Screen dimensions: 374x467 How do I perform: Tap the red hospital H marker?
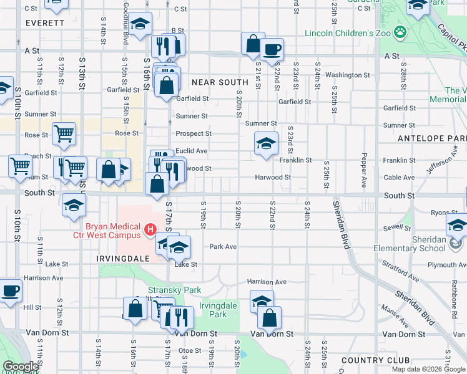[x=150, y=230]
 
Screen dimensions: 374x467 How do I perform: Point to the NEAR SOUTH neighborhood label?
[x=220, y=82]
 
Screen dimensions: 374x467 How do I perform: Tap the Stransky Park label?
[x=165, y=290]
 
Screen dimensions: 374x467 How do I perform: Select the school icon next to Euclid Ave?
[x=265, y=144]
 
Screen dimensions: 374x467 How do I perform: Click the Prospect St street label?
[x=194, y=133]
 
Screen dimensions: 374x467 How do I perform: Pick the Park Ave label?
[x=223, y=246]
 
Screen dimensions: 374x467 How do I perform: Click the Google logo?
[x=21, y=367]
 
